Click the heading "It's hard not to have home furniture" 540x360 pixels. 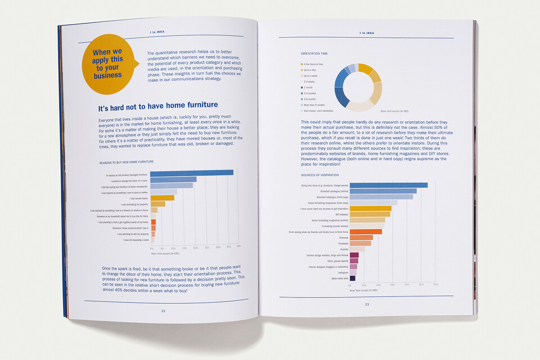coord(157,107)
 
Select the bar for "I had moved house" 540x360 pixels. coord(159,198)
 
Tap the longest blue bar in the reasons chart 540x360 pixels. coord(192,172)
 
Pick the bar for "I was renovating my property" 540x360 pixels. coord(158,204)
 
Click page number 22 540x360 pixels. coord(163,311)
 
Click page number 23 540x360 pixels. coord(367,304)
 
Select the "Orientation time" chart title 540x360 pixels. coord(314,53)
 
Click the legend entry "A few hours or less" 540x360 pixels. coord(313,64)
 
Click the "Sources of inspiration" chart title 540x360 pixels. coord(319,175)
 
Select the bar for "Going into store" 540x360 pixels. coord(388,185)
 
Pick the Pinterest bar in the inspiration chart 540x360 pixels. coord(361,237)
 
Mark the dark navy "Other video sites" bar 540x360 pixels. coord(352,278)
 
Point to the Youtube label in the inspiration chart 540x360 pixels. coord(344,249)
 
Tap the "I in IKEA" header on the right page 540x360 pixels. coord(367,33)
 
